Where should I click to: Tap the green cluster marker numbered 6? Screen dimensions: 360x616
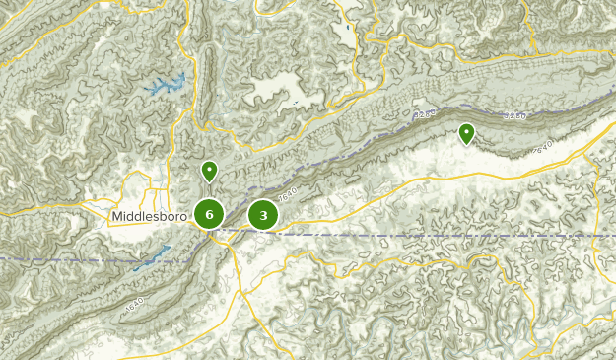[x=209, y=214]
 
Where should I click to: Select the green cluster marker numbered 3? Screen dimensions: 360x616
[x=263, y=215]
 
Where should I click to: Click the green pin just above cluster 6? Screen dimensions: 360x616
[x=209, y=171]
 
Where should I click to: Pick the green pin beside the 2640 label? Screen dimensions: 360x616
[x=466, y=132]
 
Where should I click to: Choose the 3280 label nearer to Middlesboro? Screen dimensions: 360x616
[x=426, y=115]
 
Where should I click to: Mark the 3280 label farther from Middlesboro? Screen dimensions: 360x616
[x=514, y=116]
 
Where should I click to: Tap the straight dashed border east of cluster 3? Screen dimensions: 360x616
[x=444, y=236]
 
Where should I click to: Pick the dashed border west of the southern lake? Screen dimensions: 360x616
[x=59, y=258]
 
